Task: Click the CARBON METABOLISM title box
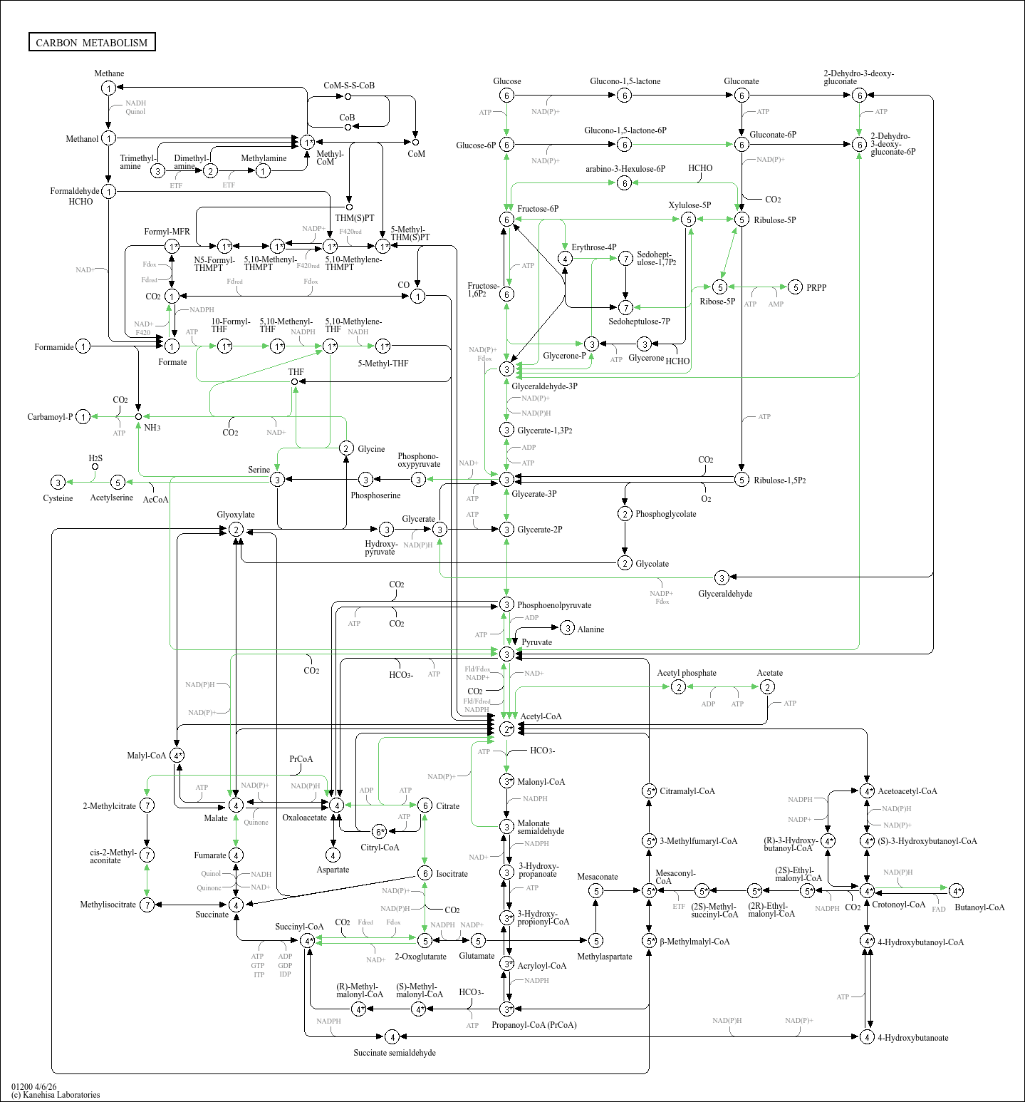pos(92,42)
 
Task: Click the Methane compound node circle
pos(108,88)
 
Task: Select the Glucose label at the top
pos(507,81)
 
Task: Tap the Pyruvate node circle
pos(506,654)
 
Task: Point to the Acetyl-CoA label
pos(541,716)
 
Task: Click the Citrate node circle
pos(425,805)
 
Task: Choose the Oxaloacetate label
pos(304,818)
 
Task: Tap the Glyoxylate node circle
pos(236,530)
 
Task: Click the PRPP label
pos(816,288)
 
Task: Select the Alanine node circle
pos(567,628)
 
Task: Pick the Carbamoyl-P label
pos(50,417)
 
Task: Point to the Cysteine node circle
pos(58,483)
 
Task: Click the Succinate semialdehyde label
pos(395,1053)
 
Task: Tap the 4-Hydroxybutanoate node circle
pos(867,1036)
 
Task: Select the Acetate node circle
pos(767,686)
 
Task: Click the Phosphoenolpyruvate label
pos(554,605)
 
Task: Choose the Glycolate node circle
pos(625,563)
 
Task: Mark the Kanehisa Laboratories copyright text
pos(56,1095)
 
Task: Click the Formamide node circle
pos(83,346)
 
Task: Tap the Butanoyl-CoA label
pos(979,907)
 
